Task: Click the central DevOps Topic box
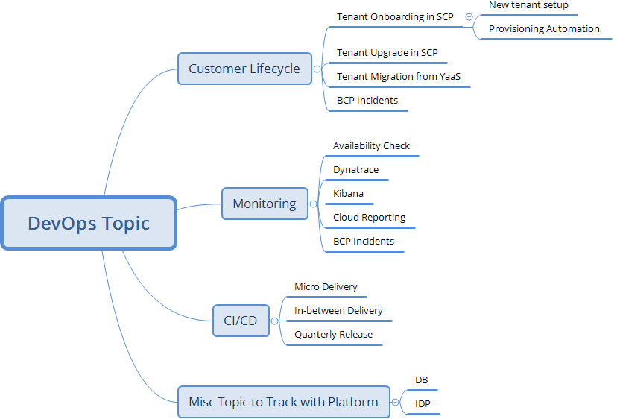tap(89, 223)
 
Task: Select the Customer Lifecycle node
tap(244, 69)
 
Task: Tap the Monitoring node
tap(265, 204)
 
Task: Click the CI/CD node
tap(241, 321)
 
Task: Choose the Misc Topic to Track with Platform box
tap(283, 402)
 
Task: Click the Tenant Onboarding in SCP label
tap(395, 17)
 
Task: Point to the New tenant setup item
tap(528, 5)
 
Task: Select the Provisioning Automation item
tap(544, 29)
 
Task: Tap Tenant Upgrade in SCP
tap(387, 53)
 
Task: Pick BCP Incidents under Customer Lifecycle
tap(367, 100)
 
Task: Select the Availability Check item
tap(371, 146)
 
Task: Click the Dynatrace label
tap(355, 170)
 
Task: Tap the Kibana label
tap(348, 194)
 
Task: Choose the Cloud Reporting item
tap(370, 218)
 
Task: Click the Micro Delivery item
tap(326, 286)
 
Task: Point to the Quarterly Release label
tap(333, 334)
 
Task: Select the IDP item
tap(423, 404)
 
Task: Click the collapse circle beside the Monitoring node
tap(313, 204)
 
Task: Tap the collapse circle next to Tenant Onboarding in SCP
tap(468, 17)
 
